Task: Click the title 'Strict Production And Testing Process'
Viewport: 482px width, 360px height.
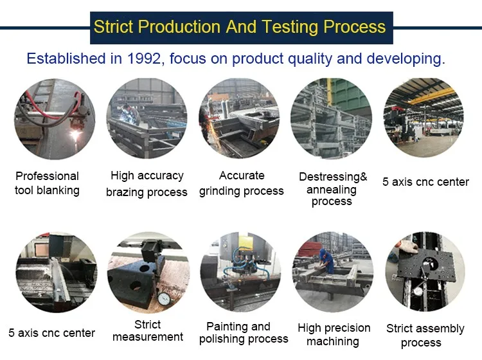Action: pos(240,27)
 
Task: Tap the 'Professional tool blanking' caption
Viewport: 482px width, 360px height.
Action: pos(47,183)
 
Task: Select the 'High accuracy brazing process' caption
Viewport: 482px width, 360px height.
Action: pos(147,184)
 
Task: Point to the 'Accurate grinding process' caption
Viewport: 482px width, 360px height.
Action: pos(241,183)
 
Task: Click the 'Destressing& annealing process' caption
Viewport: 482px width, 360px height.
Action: pos(332,189)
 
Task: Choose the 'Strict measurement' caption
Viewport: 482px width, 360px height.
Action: pos(147,331)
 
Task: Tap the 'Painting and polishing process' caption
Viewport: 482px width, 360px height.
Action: pos(243,333)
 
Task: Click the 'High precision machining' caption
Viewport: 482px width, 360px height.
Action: pos(334,335)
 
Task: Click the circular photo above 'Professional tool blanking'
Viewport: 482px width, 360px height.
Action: pos(54,120)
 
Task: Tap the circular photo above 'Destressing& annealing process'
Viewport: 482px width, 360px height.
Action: pos(332,118)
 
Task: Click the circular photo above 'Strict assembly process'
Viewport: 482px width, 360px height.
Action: pos(425,272)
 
